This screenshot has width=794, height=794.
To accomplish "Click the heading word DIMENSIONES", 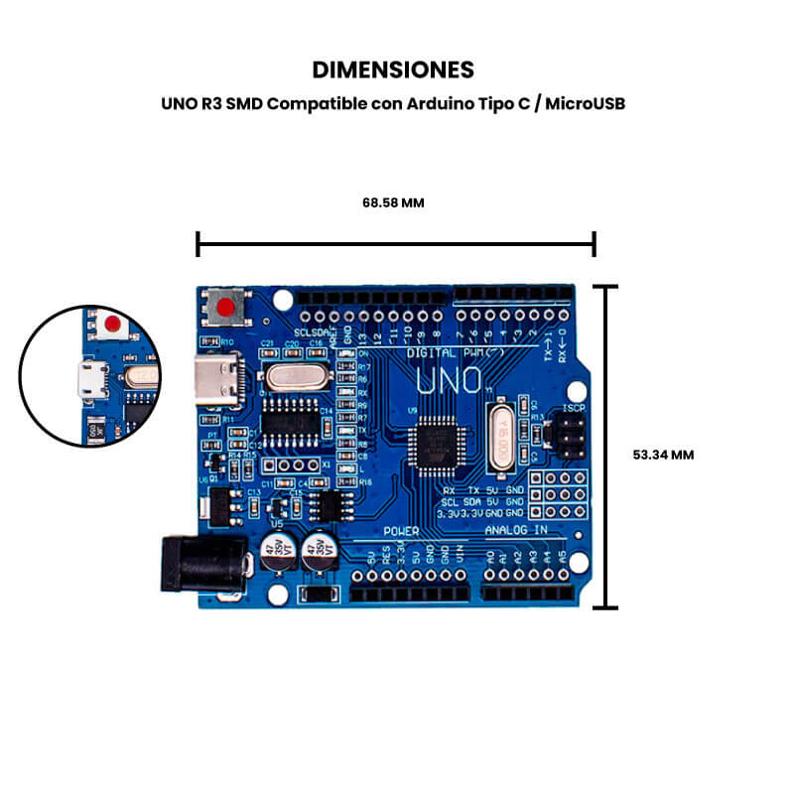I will tap(393, 69).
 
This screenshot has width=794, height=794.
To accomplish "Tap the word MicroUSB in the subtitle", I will tap(586, 103).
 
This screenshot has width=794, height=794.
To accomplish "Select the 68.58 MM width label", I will tap(393, 202).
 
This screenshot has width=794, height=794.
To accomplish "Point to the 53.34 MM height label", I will tap(663, 455).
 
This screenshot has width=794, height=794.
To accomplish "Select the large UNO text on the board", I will tap(450, 380).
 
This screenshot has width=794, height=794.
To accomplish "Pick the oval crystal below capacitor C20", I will tap(292, 377).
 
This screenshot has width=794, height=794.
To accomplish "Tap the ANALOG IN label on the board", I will tap(515, 532).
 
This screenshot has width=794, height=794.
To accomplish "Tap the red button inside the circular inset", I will tap(113, 325).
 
